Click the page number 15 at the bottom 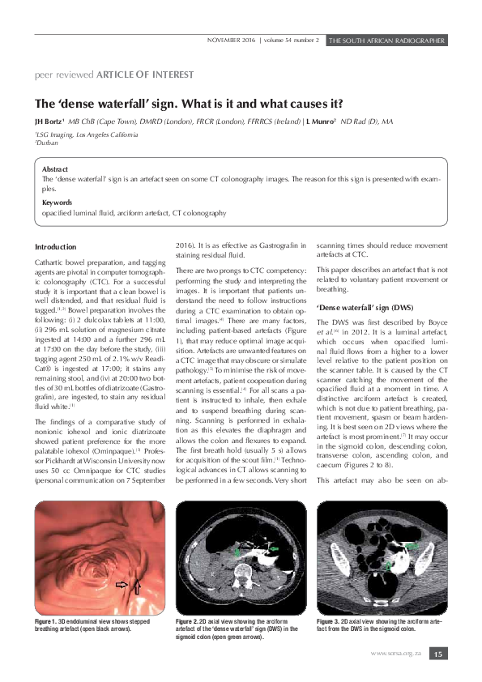[437, 654]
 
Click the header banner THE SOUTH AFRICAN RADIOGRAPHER [386, 40]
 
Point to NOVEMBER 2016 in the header [231, 40]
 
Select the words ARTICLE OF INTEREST [145, 75]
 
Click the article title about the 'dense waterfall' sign [188, 104]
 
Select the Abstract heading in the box [55, 168]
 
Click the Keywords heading [58, 202]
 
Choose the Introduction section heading [56, 247]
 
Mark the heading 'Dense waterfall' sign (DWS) [365, 309]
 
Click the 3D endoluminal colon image [100, 557]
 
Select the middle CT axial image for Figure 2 [241, 557]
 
